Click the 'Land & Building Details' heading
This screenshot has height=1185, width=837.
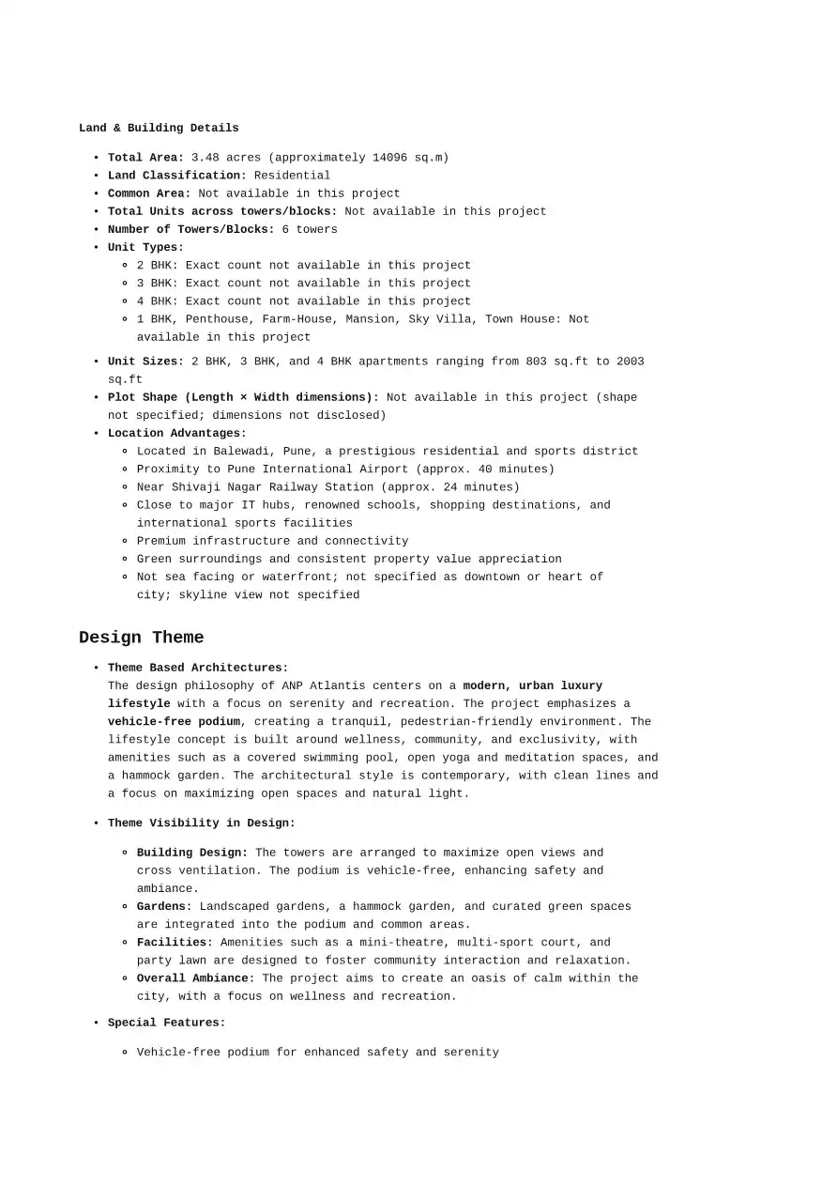point(159,128)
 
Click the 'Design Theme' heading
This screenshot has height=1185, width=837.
point(141,638)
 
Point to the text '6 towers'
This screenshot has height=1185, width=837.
point(310,229)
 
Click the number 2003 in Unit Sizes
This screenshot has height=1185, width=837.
point(630,362)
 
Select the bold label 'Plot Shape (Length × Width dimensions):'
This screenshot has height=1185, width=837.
point(243,397)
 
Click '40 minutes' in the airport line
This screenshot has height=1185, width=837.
point(511,469)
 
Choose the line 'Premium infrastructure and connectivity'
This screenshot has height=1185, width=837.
point(272,541)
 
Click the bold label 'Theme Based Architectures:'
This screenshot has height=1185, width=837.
point(198,668)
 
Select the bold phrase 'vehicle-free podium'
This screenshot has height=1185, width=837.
point(175,722)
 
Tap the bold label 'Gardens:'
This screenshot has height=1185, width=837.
point(164,907)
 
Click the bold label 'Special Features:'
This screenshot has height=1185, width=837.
point(167,1023)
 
